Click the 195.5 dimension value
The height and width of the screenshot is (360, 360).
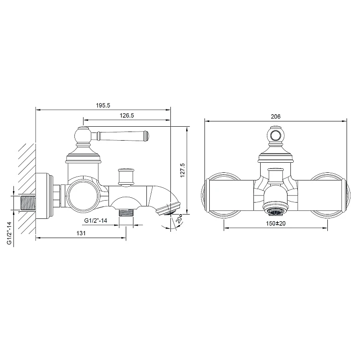pos(103,106)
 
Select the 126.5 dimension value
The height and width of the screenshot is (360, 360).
pos(127,116)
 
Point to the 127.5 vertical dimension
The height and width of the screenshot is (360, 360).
pos(182,170)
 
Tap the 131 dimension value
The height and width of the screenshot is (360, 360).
pos(81,233)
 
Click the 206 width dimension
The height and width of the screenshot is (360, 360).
pos(276,117)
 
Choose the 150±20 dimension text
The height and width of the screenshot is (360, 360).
pos(276,223)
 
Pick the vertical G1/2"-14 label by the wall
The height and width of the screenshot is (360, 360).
pos(10,233)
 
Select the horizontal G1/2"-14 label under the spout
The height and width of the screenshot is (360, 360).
pos(96,221)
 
